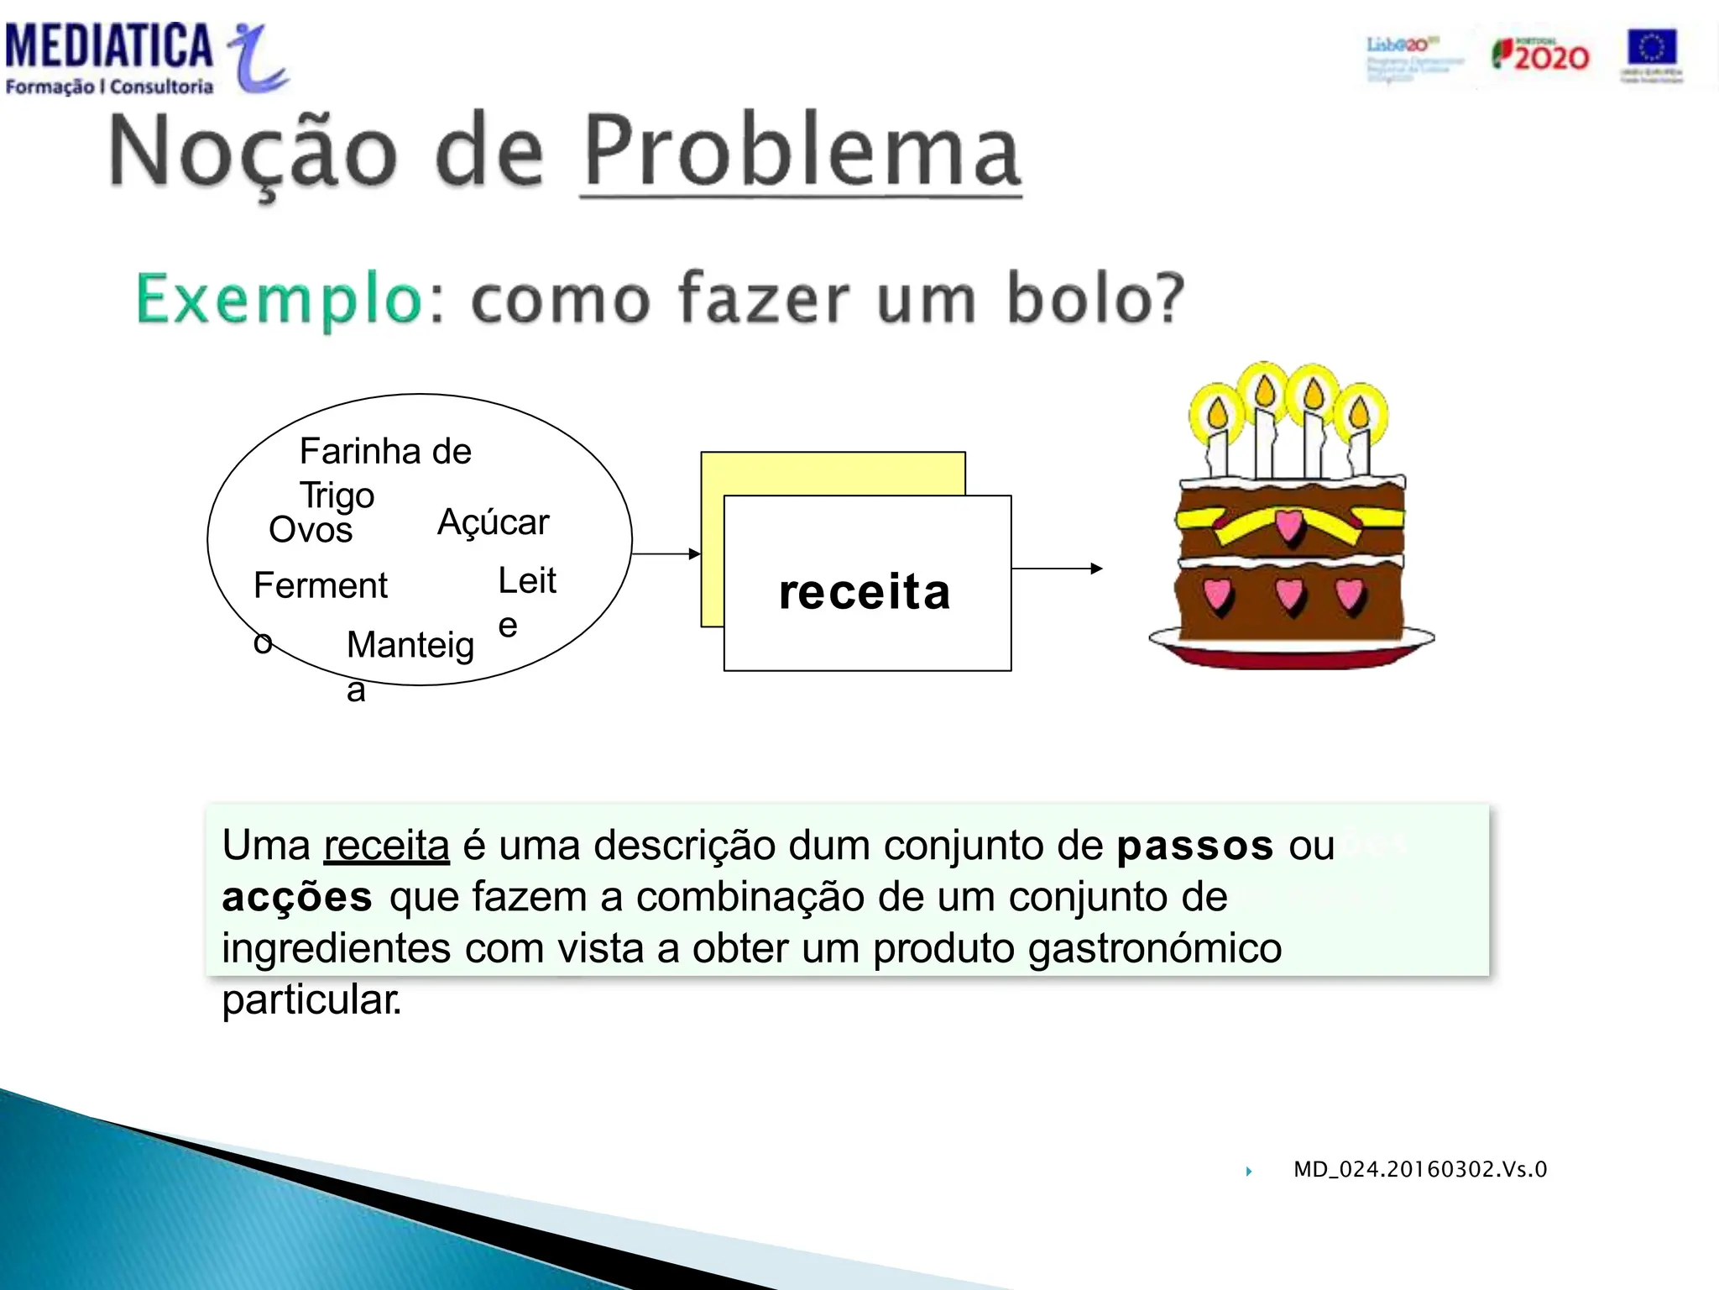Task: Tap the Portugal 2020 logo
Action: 1540,55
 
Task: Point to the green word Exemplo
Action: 280,300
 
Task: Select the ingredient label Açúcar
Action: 493,522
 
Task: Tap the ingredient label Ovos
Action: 311,530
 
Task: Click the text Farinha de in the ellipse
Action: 385,452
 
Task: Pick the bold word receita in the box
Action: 865,592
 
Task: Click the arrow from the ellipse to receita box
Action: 666,554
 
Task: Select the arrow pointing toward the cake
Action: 1057,569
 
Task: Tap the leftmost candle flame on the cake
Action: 1217,413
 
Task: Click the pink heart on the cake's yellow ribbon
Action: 1289,526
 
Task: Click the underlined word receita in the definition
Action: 386,846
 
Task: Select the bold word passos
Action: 1195,846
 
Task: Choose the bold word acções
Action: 297,898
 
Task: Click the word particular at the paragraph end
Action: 311,1000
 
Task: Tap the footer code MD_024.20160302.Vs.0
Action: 1419,1170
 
